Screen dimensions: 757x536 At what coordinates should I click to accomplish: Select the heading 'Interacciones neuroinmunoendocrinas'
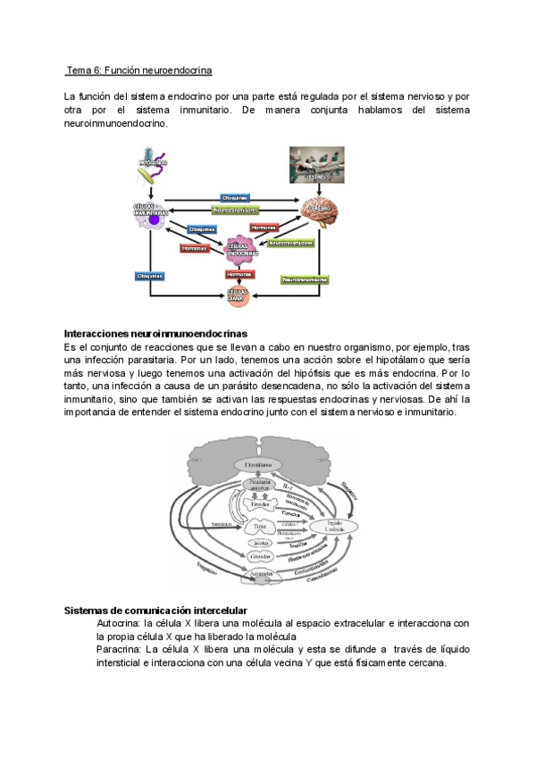click(x=155, y=333)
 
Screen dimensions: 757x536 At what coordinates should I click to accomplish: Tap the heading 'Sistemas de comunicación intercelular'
click(x=156, y=610)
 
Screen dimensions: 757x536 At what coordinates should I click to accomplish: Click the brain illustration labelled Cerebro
click(x=322, y=212)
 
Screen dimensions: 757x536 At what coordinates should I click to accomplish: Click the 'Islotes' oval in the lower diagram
click(x=258, y=543)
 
